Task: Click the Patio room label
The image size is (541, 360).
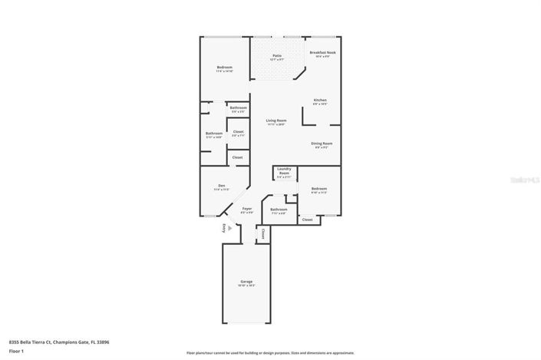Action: (276, 57)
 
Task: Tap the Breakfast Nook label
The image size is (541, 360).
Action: (322, 54)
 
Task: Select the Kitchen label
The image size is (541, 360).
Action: (320, 101)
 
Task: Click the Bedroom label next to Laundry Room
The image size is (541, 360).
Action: (319, 190)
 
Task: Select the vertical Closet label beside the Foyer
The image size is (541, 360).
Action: (262, 232)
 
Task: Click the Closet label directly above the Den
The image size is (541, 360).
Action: (238, 157)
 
